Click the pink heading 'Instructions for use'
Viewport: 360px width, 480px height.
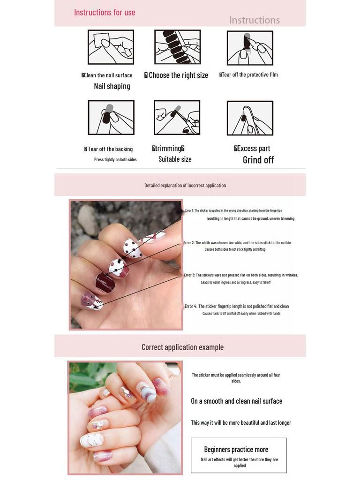(105, 13)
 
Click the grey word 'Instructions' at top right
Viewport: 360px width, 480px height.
(254, 20)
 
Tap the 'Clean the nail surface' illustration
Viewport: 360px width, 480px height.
(111, 47)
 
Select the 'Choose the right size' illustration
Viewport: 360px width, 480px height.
(178, 47)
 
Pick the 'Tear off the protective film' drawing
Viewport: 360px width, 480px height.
(250, 48)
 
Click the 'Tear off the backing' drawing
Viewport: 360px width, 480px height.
(111, 118)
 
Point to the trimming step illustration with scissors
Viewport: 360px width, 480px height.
(177, 118)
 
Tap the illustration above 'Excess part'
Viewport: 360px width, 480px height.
(250, 118)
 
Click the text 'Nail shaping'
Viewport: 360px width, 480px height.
(112, 86)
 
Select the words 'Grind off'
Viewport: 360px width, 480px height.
(258, 160)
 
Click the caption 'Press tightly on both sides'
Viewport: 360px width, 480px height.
(115, 160)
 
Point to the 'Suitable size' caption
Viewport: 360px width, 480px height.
(175, 159)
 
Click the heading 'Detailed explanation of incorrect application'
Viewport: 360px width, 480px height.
(185, 186)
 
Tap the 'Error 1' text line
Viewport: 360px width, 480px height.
(233, 211)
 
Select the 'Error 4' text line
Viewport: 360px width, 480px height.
(237, 307)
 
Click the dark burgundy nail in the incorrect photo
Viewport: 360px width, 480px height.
(105, 283)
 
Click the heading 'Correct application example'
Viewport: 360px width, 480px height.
(182, 347)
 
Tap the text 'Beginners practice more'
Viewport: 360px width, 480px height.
(236, 450)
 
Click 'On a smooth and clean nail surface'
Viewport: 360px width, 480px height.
(236, 401)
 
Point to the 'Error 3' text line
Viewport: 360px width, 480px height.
(241, 275)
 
